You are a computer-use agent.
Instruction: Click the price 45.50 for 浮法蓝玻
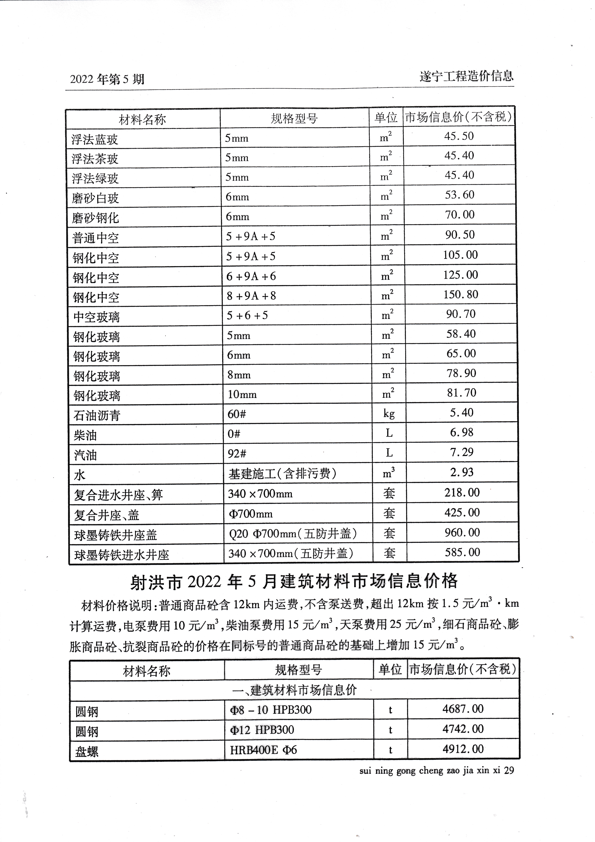coord(459,136)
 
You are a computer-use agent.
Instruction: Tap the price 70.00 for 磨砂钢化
coord(460,215)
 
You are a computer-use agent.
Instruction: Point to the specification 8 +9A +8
coord(251,295)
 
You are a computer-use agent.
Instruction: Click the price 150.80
coord(461,295)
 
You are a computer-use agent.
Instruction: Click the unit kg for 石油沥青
coord(389,413)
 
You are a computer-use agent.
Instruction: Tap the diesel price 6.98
coord(462,432)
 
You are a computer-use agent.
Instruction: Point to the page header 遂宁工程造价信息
coord(466,77)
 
